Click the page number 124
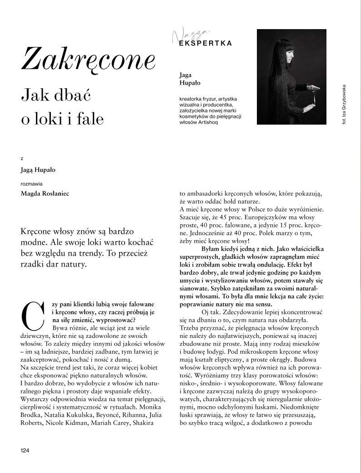(x=25, y=450)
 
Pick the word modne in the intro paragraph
(x=35, y=242)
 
